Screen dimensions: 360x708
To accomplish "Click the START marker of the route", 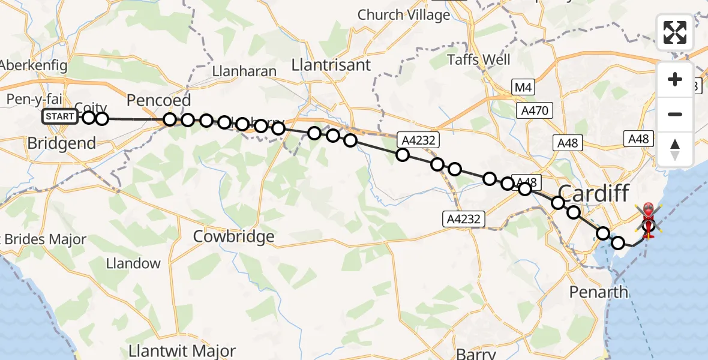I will coord(59,116).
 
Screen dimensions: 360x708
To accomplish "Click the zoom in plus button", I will coord(675,79).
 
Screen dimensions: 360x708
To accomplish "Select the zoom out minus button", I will coord(675,114).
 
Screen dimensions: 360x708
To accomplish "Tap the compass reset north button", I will coord(675,149).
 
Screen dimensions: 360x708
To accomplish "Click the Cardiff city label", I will coord(594,194).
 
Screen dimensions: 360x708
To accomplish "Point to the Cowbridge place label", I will coord(233,236).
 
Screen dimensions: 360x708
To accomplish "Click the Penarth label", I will coord(599,293).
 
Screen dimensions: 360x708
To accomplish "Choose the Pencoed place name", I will coord(158,100).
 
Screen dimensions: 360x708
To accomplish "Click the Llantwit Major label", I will coord(183,350).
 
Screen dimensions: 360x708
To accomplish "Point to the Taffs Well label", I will coord(479,60).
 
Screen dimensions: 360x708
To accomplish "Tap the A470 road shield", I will coord(534,110).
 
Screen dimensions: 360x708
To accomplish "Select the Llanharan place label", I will coord(244,71).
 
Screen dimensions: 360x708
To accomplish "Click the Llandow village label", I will coord(133,263).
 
